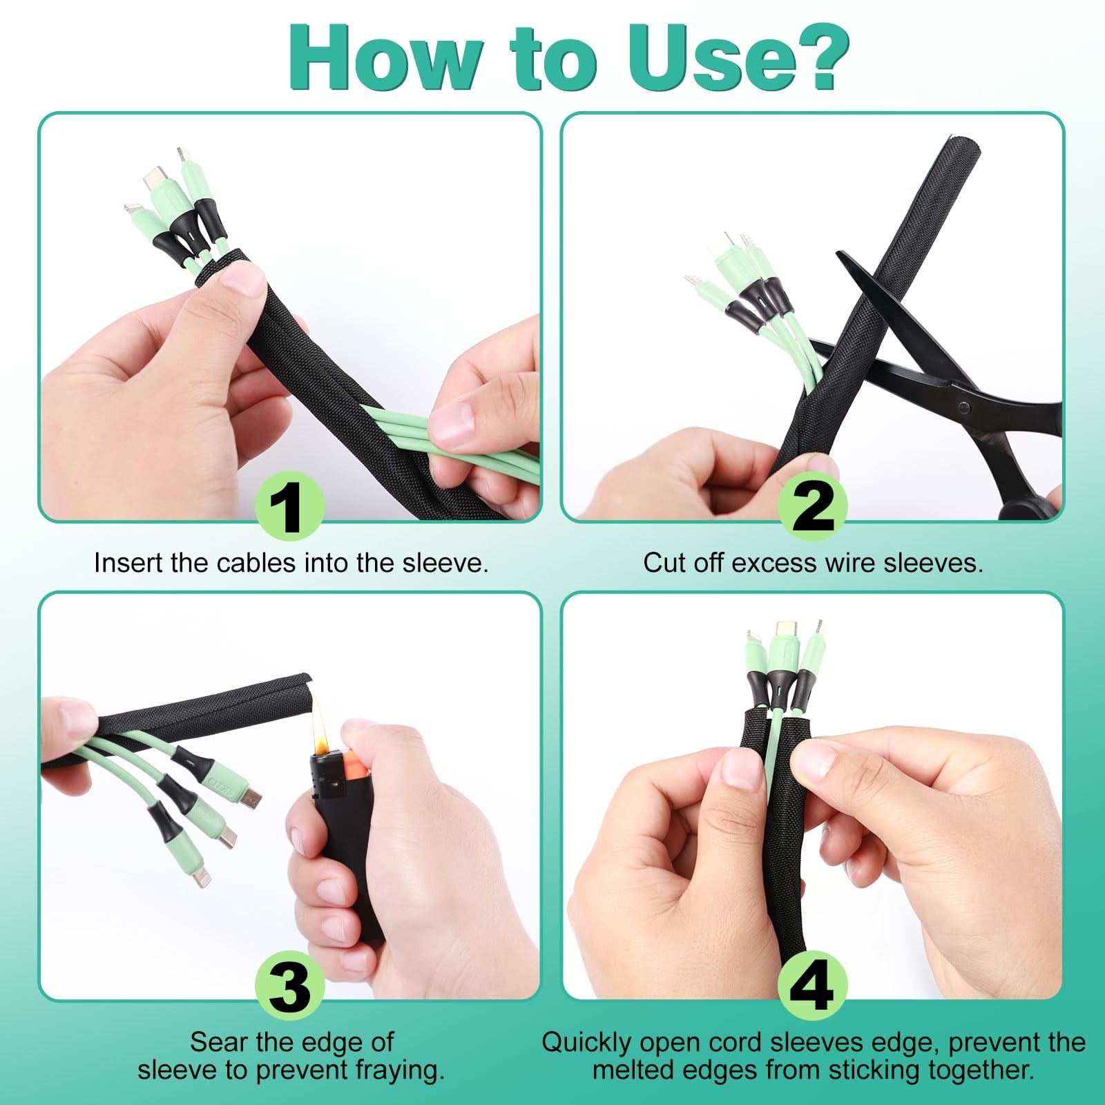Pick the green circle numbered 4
[813, 987]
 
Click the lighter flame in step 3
[320, 725]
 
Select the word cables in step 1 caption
[257, 563]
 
